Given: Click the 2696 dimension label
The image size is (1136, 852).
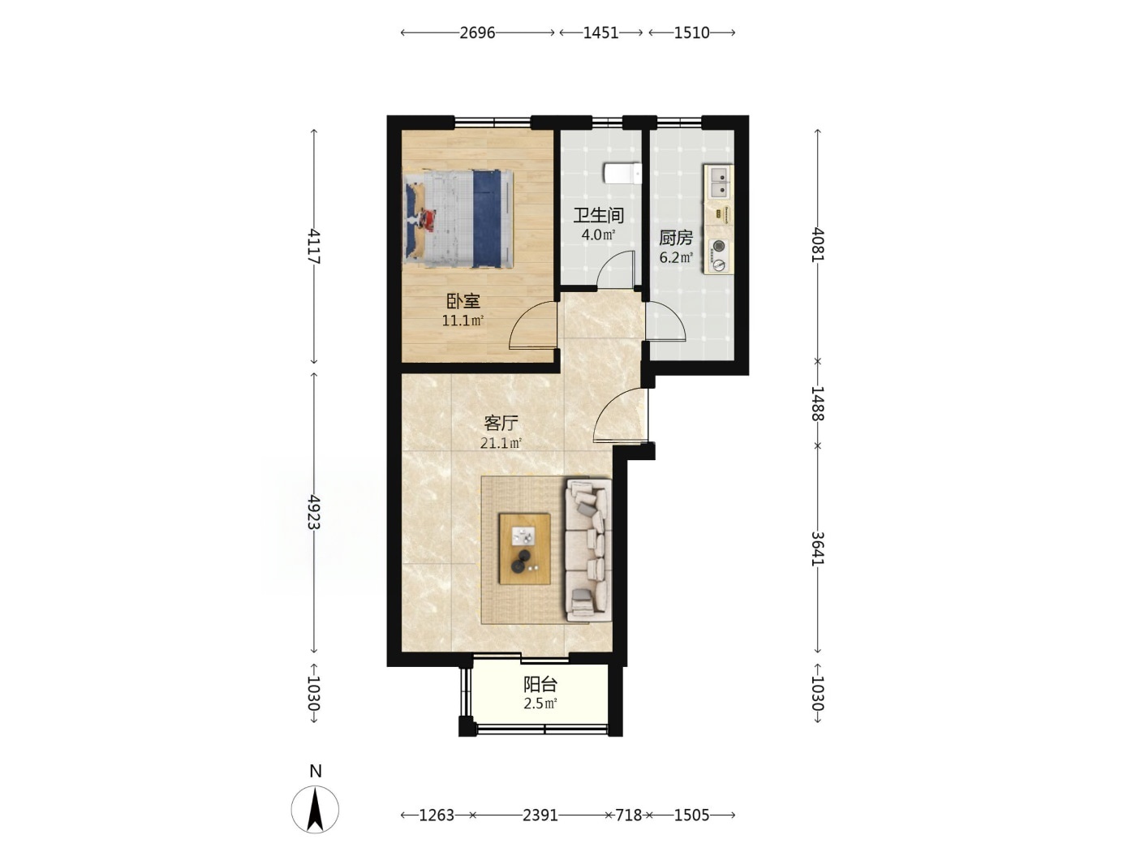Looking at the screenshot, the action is [477, 33].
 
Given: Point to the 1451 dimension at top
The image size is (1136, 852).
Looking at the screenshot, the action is [601, 33].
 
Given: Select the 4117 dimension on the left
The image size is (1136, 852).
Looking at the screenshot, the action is [314, 246].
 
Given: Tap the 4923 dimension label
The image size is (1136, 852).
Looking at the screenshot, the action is [314, 512].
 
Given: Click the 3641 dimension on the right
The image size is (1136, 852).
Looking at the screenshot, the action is [818, 549].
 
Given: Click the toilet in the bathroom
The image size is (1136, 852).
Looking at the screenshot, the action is [622, 174].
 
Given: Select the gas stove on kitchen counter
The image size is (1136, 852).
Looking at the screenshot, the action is [718, 256].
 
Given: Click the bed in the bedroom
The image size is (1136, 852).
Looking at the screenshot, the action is [458, 219].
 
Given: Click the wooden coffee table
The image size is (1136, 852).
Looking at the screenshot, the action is [524, 549].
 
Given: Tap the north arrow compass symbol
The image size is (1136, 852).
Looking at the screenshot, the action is [315, 810].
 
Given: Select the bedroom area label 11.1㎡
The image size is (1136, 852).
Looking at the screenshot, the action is [463, 321].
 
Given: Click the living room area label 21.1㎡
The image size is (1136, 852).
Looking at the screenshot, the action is [501, 443].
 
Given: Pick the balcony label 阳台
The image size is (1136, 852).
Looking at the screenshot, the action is [540, 684].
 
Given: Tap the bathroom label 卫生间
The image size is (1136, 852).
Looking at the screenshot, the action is [598, 216].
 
